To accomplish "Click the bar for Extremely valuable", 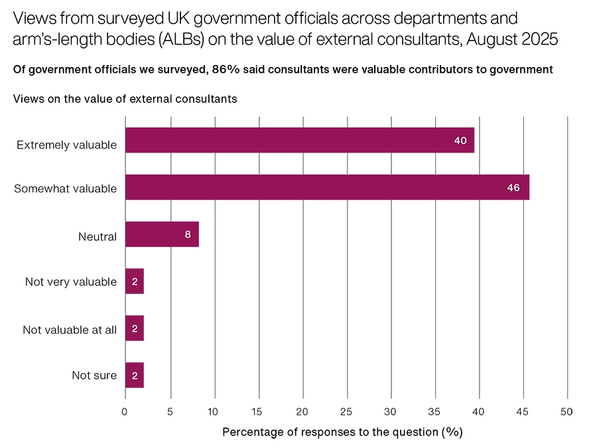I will pyautogui.click(x=298, y=141).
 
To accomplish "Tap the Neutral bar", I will pyautogui.click(x=161, y=234).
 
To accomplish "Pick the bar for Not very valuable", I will pyautogui.click(x=134, y=282).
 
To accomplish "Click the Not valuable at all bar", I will pyautogui.click(x=134, y=329).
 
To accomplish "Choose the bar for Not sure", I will pyautogui.click(x=134, y=375).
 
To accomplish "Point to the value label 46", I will pyautogui.click(x=513, y=188).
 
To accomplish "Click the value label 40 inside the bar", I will pyautogui.click(x=461, y=141).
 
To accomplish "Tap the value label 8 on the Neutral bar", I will pyautogui.click(x=188, y=234).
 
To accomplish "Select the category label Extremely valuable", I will pyautogui.click(x=66, y=145).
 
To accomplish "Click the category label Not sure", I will pyautogui.click(x=94, y=376).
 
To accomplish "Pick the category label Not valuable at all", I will pyautogui.click(x=70, y=329).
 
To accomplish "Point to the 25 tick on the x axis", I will pyautogui.click(x=347, y=412).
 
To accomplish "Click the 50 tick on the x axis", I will pyautogui.click(x=566, y=412).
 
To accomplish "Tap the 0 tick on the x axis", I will pyautogui.click(x=125, y=412).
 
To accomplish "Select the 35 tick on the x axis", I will pyautogui.click(x=435, y=412).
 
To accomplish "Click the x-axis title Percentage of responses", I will pyautogui.click(x=342, y=432).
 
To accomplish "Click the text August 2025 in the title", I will pyautogui.click(x=512, y=39).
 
